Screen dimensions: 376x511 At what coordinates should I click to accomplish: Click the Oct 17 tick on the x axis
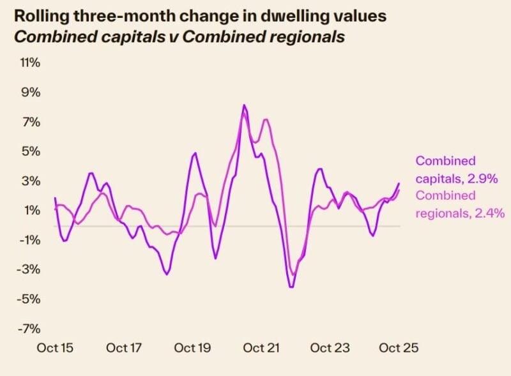[x=123, y=349]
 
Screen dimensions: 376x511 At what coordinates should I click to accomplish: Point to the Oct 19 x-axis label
[x=192, y=349]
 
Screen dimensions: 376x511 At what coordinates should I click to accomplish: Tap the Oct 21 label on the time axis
[x=262, y=349]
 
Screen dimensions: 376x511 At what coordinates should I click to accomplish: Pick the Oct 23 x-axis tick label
[x=330, y=349]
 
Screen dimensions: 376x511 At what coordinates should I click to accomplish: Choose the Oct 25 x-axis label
[x=399, y=349]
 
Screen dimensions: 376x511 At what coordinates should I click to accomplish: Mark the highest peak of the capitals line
[x=244, y=105]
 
